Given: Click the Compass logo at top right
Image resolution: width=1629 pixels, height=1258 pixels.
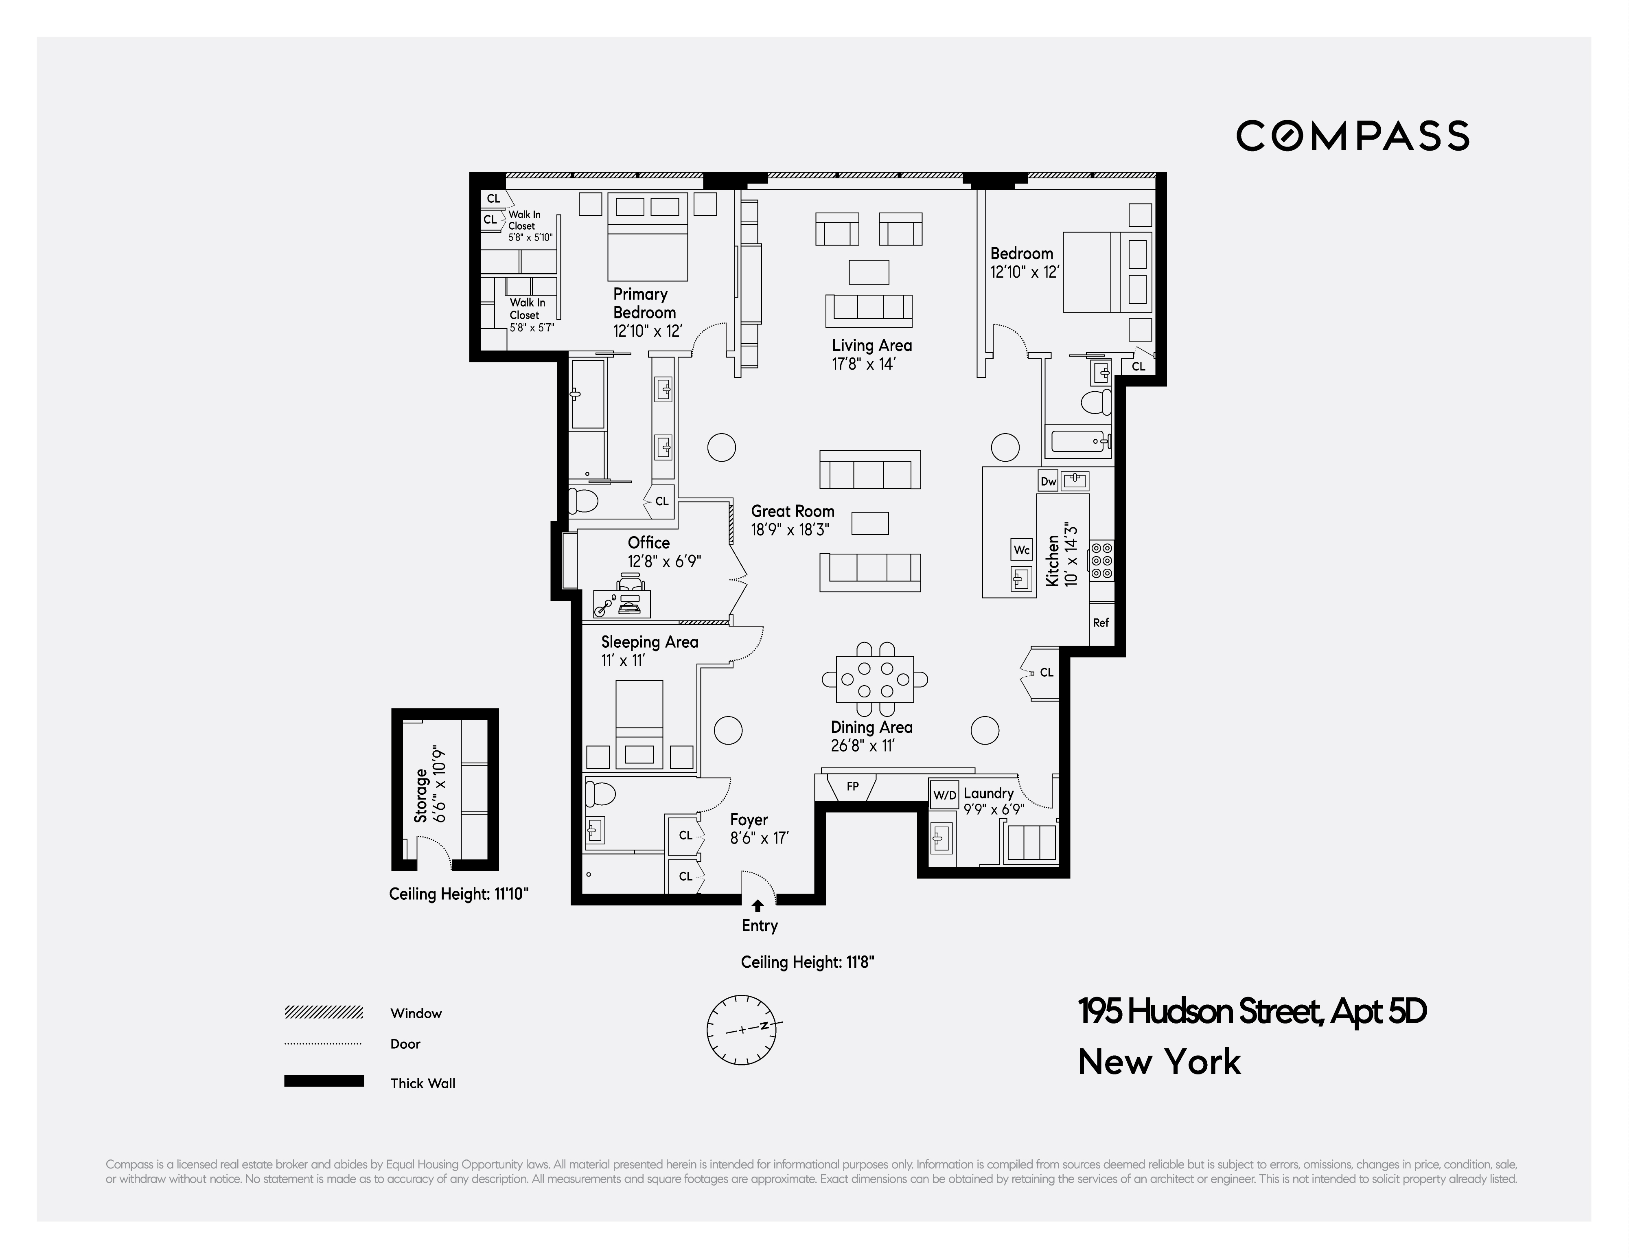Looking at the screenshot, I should (x=1352, y=136).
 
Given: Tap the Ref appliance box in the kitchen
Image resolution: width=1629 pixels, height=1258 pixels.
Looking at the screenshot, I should (x=1101, y=622).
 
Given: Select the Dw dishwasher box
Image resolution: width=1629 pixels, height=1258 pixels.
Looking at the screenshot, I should (x=1048, y=481).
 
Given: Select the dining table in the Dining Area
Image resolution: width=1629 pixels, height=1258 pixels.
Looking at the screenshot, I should (x=875, y=679).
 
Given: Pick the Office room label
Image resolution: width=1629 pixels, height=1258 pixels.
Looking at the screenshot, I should (x=648, y=542).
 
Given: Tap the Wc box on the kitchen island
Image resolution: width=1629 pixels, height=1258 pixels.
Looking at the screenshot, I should (x=1021, y=550).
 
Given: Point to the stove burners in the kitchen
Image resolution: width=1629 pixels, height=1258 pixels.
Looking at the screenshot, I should (x=1101, y=560).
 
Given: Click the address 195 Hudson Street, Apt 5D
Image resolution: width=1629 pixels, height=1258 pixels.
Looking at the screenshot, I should (x=1252, y=1012).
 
